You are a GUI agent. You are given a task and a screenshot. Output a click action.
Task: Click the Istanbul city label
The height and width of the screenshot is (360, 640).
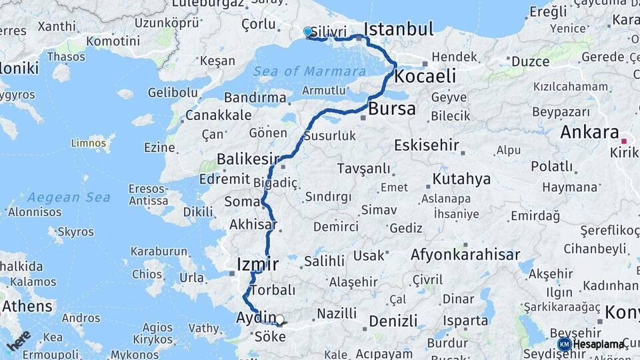[x=399, y=29]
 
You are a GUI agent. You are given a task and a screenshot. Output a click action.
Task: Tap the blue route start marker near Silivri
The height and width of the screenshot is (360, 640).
[x=307, y=31]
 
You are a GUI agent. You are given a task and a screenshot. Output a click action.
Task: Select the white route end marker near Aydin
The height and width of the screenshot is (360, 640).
[x=279, y=320]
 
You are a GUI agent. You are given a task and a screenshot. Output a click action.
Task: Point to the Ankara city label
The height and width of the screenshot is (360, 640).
[x=589, y=132]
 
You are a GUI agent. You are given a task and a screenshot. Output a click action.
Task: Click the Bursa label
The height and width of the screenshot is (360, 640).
[x=392, y=109]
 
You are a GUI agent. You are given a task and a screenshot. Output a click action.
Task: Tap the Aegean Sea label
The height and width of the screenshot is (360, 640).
[x=69, y=197]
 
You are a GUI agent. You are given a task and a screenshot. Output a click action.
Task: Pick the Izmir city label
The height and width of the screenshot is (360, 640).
[x=257, y=265]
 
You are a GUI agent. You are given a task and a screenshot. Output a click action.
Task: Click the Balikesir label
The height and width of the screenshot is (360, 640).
[x=247, y=159]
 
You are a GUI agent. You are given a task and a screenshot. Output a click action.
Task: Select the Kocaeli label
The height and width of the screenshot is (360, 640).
[x=425, y=76]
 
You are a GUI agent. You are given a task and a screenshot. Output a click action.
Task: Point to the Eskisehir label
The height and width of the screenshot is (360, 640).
[x=427, y=145]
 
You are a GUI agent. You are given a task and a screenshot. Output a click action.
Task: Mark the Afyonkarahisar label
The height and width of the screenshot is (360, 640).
[x=465, y=255]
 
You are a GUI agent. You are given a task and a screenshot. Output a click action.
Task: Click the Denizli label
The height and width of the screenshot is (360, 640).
[x=393, y=321]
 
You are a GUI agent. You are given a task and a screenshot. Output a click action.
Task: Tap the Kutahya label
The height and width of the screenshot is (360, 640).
[x=461, y=179]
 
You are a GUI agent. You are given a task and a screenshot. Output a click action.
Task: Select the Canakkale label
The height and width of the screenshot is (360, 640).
[x=217, y=115]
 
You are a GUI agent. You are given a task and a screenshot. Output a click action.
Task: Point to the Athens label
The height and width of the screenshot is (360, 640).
[x=27, y=307]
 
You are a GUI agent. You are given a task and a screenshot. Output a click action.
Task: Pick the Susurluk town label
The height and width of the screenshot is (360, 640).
[x=329, y=136]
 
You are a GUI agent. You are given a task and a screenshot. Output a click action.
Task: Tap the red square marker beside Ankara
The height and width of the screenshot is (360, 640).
[x=624, y=141]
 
